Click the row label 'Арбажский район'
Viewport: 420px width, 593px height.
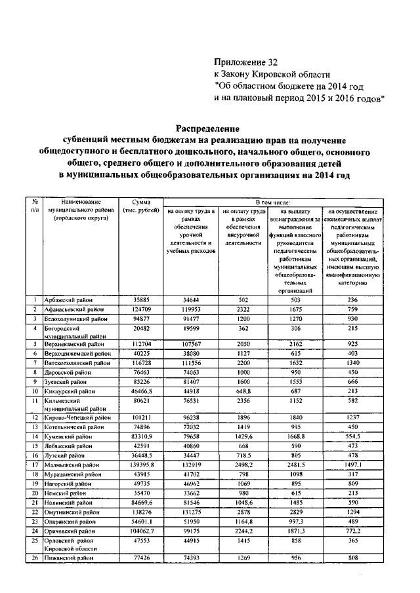(x=69, y=300)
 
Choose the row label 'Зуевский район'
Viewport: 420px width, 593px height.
(x=66, y=381)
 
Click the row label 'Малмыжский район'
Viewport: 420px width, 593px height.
(x=71, y=465)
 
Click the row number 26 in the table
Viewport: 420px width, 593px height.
(x=33, y=557)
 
